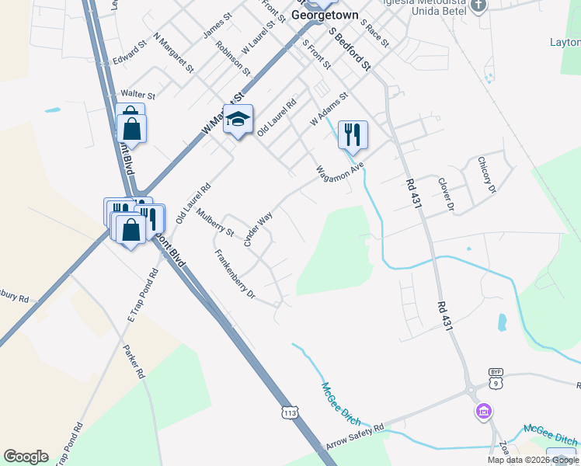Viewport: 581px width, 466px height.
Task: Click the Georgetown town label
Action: (x=325, y=14)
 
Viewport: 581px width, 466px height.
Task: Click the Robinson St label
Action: (x=233, y=58)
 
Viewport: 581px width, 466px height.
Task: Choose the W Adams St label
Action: (x=329, y=110)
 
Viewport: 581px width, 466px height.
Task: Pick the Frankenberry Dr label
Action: (x=235, y=274)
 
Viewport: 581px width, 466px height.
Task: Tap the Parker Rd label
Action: (x=134, y=361)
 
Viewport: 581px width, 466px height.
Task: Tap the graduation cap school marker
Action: (x=238, y=120)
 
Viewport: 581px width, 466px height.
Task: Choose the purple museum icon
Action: (x=483, y=411)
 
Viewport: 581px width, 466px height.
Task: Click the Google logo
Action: (x=26, y=456)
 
